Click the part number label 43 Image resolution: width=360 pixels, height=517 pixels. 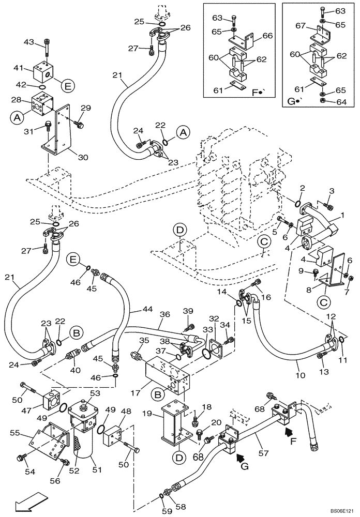pyautogui.click(x=28, y=42)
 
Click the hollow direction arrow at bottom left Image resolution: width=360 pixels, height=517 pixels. pyautogui.click(x=25, y=501)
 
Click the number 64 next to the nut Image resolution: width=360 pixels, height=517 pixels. pyautogui.click(x=340, y=102)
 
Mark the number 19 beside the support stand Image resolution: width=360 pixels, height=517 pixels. pyautogui.click(x=146, y=414)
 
